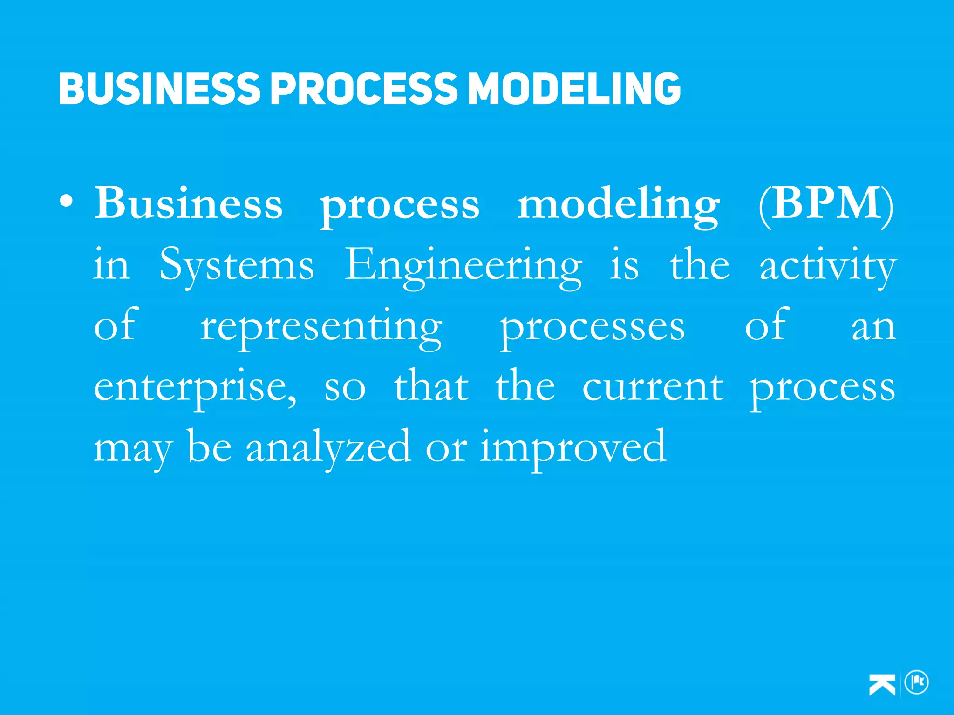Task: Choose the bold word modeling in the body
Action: [619, 205]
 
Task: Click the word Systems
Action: [237, 265]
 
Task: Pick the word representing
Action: [321, 327]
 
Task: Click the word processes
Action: [593, 327]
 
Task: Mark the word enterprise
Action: [195, 388]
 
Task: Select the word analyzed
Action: [328, 448]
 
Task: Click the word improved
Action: [573, 448]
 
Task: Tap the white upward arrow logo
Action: [882, 684]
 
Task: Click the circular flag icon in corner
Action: [916, 683]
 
